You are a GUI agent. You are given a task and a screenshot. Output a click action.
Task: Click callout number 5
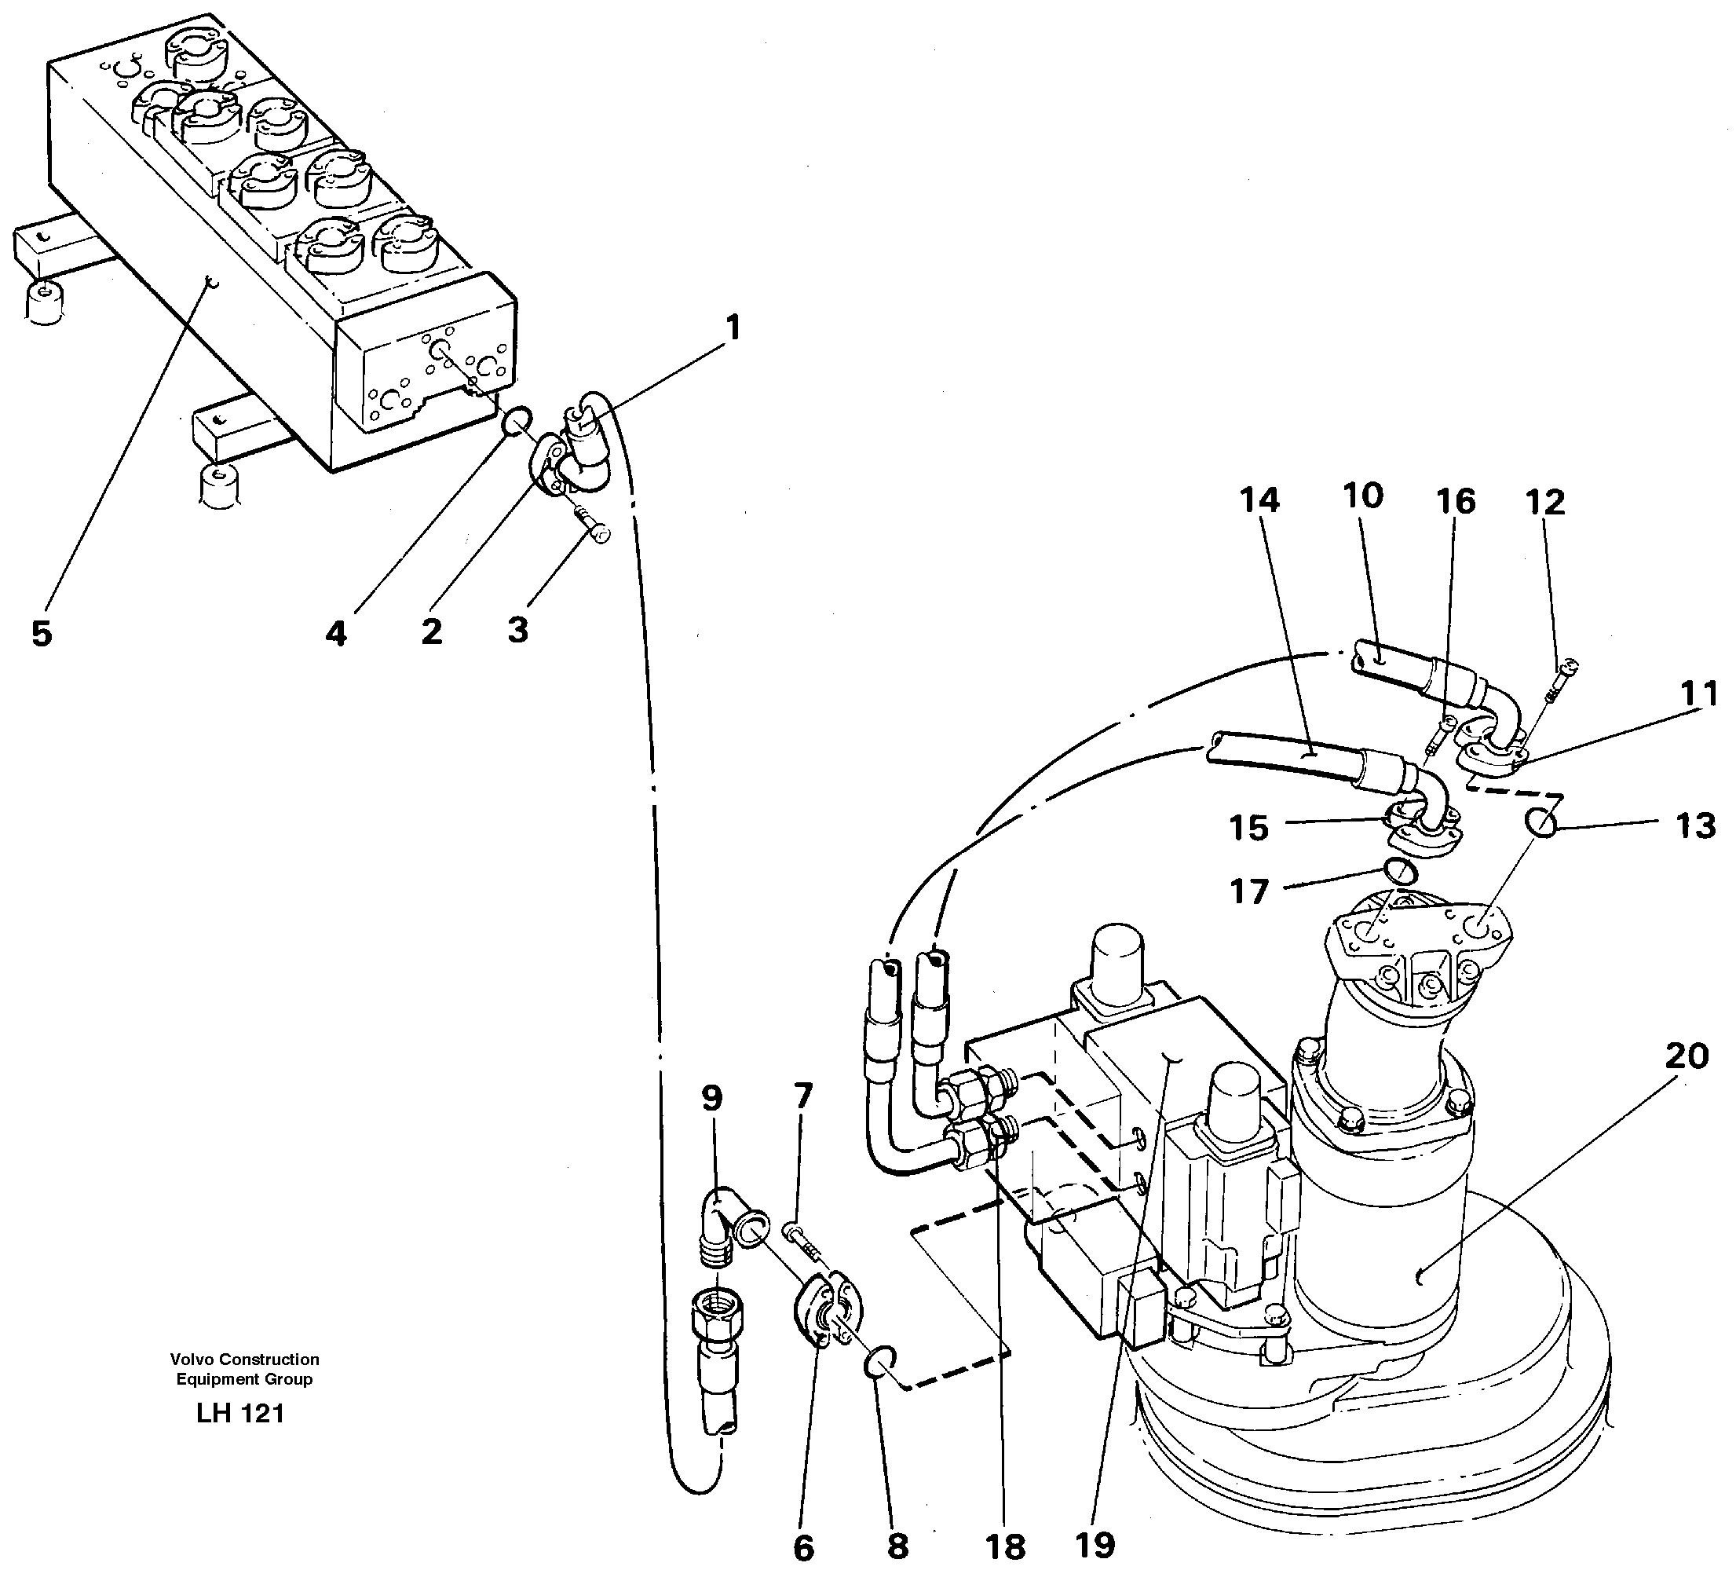[x=42, y=634]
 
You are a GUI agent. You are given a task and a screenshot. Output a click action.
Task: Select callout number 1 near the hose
[x=732, y=328]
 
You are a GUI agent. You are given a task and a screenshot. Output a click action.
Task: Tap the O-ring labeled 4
[x=514, y=423]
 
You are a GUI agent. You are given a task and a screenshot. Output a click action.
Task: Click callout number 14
[x=1260, y=500]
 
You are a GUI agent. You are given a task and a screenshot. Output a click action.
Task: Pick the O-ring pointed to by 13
[x=1541, y=823]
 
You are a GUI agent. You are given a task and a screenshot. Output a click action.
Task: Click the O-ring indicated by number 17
[x=1402, y=872]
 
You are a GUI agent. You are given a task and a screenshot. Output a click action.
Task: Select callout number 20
[x=1686, y=1056]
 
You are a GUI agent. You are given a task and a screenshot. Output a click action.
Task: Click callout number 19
[x=1095, y=1546]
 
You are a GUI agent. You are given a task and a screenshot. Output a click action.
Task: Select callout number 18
[x=1005, y=1547]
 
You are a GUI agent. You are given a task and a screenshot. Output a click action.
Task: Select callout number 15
[x=1249, y=827]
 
